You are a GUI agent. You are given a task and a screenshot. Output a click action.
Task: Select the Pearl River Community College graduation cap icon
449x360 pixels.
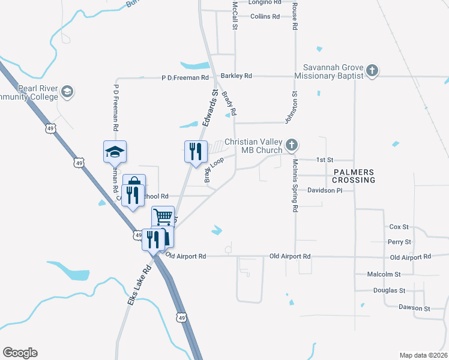[67, 92]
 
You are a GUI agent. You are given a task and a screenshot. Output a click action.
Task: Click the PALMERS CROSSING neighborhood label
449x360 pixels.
[354, 176]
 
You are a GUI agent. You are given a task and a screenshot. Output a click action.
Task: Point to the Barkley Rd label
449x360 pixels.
[236, 76]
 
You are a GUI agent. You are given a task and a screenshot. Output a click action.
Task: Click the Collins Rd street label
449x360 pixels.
[265, 16]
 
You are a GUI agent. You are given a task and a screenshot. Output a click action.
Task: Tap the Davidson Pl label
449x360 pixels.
[324, 190]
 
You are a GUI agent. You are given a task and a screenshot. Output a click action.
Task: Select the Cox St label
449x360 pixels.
[399, 227]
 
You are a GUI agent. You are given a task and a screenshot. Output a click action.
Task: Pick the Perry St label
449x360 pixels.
[399, 242]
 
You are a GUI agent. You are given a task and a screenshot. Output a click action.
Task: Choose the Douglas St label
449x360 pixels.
[391, 290]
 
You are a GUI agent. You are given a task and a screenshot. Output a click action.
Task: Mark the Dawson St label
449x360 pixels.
[414, 308]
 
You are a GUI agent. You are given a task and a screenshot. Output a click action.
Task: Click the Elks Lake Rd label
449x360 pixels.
[137, 287]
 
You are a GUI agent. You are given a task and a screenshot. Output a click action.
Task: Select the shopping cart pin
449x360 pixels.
[163, 217]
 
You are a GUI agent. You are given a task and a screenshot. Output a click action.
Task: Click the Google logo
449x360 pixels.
[20, 353]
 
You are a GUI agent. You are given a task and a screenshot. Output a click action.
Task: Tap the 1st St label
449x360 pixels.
[324, 160]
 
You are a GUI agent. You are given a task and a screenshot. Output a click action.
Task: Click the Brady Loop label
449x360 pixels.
[214, 170]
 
